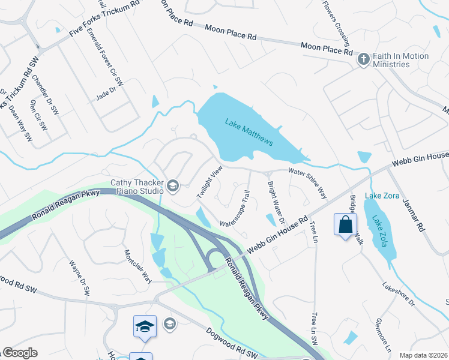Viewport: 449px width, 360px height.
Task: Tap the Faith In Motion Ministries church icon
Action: (363, 59)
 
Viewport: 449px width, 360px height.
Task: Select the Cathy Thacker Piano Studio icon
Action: (173, 186)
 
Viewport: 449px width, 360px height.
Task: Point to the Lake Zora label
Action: (382, 196)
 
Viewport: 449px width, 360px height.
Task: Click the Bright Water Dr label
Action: (275, 202)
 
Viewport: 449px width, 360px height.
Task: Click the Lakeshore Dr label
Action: (399, 294)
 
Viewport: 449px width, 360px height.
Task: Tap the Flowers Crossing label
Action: (336, 23)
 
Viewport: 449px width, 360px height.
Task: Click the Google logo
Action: (19, 353)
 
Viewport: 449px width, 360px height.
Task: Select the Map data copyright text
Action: (423, 355)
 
